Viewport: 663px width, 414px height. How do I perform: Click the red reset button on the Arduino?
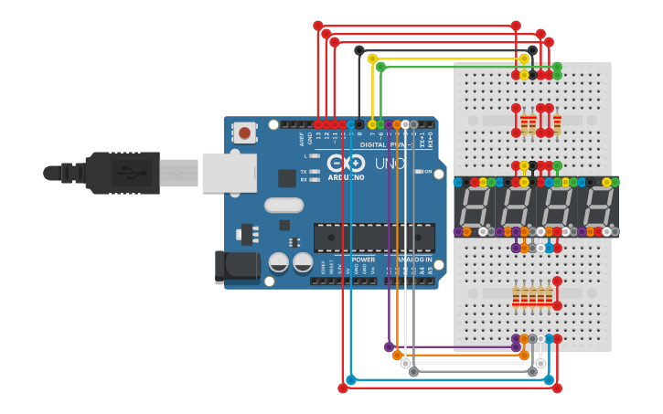[244, 133]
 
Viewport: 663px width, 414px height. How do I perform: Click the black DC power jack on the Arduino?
[231, 266]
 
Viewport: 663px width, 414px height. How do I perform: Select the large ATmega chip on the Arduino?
[374, 237]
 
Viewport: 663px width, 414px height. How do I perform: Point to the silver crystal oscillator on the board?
[283, 205]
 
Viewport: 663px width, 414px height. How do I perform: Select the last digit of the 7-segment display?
[598, 207]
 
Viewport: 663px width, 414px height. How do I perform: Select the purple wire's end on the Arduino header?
[389, 124]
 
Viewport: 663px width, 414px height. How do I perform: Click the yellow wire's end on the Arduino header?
[372, 124]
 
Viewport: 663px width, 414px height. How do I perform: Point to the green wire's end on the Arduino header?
[380, 124]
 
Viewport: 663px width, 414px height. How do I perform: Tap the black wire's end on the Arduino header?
[359, 124]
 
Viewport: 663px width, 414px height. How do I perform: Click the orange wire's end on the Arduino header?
[397, 124]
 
